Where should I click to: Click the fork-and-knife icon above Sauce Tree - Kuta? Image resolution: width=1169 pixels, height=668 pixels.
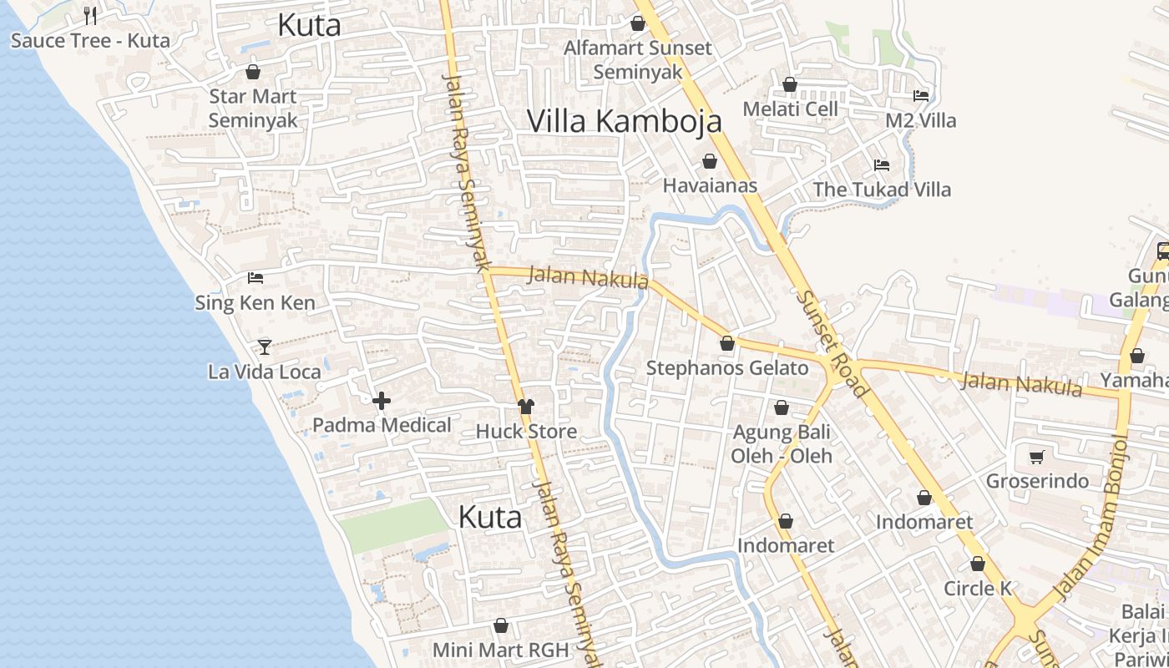(x=90, y=15)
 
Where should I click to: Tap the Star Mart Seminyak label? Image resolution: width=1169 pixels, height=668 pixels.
(x=252, y=109)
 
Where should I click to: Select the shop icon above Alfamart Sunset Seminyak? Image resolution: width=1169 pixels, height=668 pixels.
(x=638, y=23)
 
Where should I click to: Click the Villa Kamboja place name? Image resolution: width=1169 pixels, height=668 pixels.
(x=624, y=122)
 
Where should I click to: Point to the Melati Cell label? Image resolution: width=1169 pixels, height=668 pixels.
(x=790, y=109)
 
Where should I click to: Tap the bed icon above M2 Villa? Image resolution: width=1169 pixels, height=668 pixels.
(x=921, y=96)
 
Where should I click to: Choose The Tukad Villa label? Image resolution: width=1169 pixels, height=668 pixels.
(x=882, y=190)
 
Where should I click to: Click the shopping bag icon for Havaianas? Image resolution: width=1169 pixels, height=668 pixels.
(x=710, y=161)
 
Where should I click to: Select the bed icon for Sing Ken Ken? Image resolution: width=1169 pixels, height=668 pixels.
(x=256, y=278)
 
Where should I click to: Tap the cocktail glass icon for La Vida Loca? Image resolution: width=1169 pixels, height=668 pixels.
(x=265, y=347)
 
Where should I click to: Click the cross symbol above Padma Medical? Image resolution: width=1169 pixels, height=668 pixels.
(x=382, y=402)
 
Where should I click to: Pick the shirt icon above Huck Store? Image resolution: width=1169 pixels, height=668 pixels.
(x=526, y=407)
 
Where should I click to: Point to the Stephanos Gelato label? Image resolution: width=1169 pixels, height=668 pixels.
(x=727, y=368)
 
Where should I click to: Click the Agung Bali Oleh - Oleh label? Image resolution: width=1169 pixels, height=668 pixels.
(x=782, y=444)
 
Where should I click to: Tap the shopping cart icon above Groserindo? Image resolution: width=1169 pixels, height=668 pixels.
(x=1037, y=457)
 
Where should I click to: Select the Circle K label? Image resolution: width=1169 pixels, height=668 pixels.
(x=977, y=589)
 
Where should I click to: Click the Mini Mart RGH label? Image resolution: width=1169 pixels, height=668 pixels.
(x=500, y=650)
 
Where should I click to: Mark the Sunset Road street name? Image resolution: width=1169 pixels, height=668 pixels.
(x=832, y=343)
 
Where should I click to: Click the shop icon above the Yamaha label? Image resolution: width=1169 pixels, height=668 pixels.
(x=1136, y=357)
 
